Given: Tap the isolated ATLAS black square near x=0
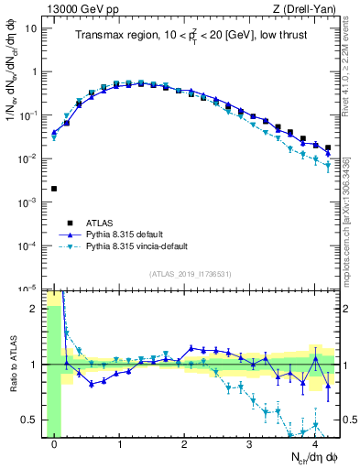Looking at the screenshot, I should pos(54,189).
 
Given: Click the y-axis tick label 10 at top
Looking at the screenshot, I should pos(32,27).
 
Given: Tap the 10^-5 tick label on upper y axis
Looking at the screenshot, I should pos(30,289).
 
